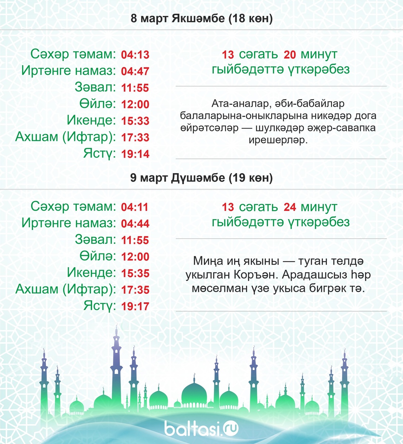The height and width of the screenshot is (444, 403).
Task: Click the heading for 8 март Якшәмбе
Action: coord(202,18)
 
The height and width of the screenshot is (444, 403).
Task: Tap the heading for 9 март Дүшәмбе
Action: coord(202,178)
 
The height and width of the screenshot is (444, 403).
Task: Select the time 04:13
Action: coord(135,55)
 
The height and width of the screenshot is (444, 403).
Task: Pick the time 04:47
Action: coord(135,71)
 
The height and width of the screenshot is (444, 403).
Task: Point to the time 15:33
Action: coord(135,121)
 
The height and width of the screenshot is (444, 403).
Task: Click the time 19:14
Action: coord(135,154)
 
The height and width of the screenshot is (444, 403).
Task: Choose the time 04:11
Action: coord(135,207)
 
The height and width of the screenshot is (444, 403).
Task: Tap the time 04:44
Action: coord(135,224)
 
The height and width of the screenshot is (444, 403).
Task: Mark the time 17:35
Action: coord(135,290)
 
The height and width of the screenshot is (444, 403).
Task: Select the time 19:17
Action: coord(135,306)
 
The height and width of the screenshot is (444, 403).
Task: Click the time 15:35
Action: coord(135,273)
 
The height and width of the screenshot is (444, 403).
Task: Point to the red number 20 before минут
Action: coord(290,55)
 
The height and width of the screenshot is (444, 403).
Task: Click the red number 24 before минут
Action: coord(290,207)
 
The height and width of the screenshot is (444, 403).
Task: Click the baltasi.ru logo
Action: coord(201,428)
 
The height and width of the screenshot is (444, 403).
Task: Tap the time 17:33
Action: coord(135,138)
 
